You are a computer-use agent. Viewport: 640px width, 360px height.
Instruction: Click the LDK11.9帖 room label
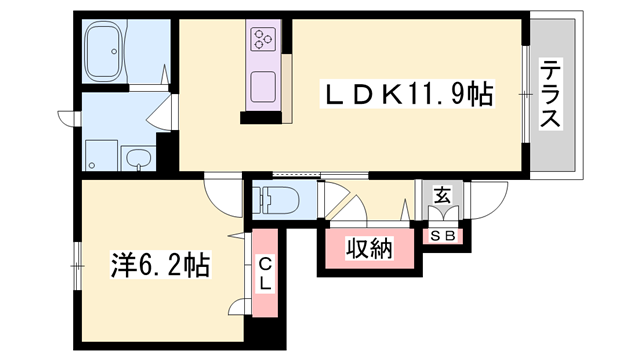[407, 94]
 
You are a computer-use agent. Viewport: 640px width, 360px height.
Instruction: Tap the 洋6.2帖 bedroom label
[160, 265]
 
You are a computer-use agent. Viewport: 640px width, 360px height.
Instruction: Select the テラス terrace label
[550, 93]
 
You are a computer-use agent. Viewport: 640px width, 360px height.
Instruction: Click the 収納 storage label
[369, 249]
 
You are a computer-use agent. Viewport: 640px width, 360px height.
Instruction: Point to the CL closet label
[265, 274]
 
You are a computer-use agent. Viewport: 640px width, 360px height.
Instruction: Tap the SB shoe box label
[443, 236]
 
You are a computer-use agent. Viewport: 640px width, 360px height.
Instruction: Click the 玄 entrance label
[442, 196]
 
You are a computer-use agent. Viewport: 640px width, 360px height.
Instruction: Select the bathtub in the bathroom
[104, 51]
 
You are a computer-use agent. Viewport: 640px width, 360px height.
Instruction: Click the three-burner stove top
[264, 39]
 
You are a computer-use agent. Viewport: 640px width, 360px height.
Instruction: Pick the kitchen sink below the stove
[263, 87]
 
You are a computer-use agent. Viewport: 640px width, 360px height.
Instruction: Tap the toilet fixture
[275, 200]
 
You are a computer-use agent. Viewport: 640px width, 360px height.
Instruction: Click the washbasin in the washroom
[139, 158]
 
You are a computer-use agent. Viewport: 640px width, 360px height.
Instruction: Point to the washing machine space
[101, 156]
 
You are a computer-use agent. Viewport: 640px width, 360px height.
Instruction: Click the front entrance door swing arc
[489, 201]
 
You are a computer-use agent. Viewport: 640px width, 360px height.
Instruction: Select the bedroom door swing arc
[223, 198]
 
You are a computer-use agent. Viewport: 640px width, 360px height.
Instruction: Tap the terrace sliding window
[526, 94]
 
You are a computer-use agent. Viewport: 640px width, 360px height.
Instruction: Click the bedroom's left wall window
[77, 267]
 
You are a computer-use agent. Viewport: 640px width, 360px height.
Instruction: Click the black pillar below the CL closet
[265, 333]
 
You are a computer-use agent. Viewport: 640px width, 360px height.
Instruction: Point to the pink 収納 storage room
[370, 249]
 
